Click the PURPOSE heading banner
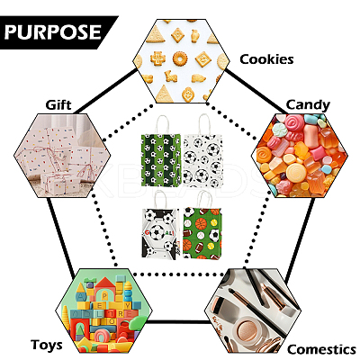(x=57, y=32)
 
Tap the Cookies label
(x=266, y=59)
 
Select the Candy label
(x=308, y=105)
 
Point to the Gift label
(x=58, y=105)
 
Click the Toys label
(x=47, y=345)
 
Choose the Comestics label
(x=321, y=350)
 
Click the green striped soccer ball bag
(x=161, y=160)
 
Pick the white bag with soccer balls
(x=203, y=161)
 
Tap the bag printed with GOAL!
(x=161, y=233)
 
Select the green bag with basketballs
(x=202, y=233)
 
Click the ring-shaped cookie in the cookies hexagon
(x=180, y=59)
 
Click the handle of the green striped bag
(x=162, y=125)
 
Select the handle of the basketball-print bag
(x=205, y=200)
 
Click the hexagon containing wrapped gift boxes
(x=62, y=156)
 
